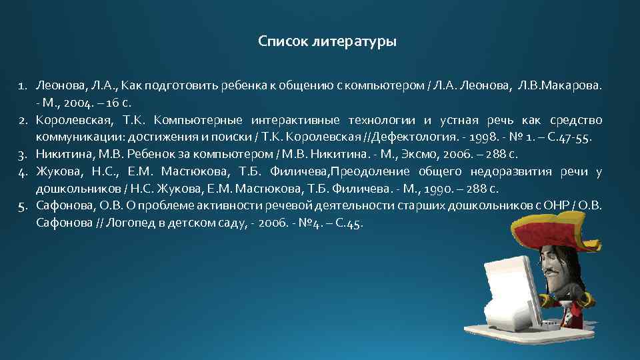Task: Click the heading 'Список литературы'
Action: (327, 43)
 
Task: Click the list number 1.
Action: (22, 86)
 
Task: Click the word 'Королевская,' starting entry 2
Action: (71, 121)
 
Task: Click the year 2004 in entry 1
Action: (75, 103)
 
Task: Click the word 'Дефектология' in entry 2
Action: (416, 138)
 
